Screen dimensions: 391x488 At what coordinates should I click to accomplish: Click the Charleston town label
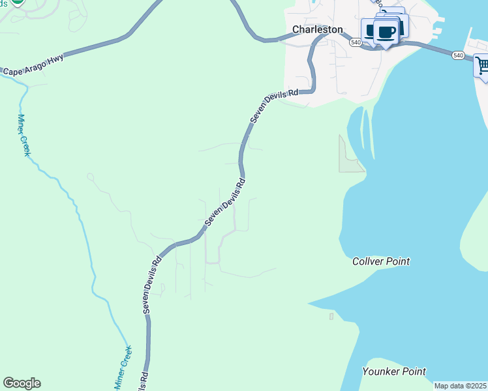[317, 29]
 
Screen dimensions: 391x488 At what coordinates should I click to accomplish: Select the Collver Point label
[381, 261]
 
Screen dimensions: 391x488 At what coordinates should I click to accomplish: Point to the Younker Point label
[394, 371]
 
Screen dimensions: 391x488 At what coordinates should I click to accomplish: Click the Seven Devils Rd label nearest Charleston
[275, 105]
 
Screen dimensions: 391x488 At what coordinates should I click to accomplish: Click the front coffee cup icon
[386, 32]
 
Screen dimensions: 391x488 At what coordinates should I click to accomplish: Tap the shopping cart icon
[482, 66]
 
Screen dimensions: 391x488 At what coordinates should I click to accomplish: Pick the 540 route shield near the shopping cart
[459, 56]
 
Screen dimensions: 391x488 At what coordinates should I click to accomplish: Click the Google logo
[22, 383]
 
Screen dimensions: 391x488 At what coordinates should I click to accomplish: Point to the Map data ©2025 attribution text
[461, 386]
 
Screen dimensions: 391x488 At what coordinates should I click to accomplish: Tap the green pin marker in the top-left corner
[18, 3]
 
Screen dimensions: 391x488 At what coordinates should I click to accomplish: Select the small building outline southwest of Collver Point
[331, 317]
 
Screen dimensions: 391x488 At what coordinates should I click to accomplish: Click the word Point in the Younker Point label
[413, 371]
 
